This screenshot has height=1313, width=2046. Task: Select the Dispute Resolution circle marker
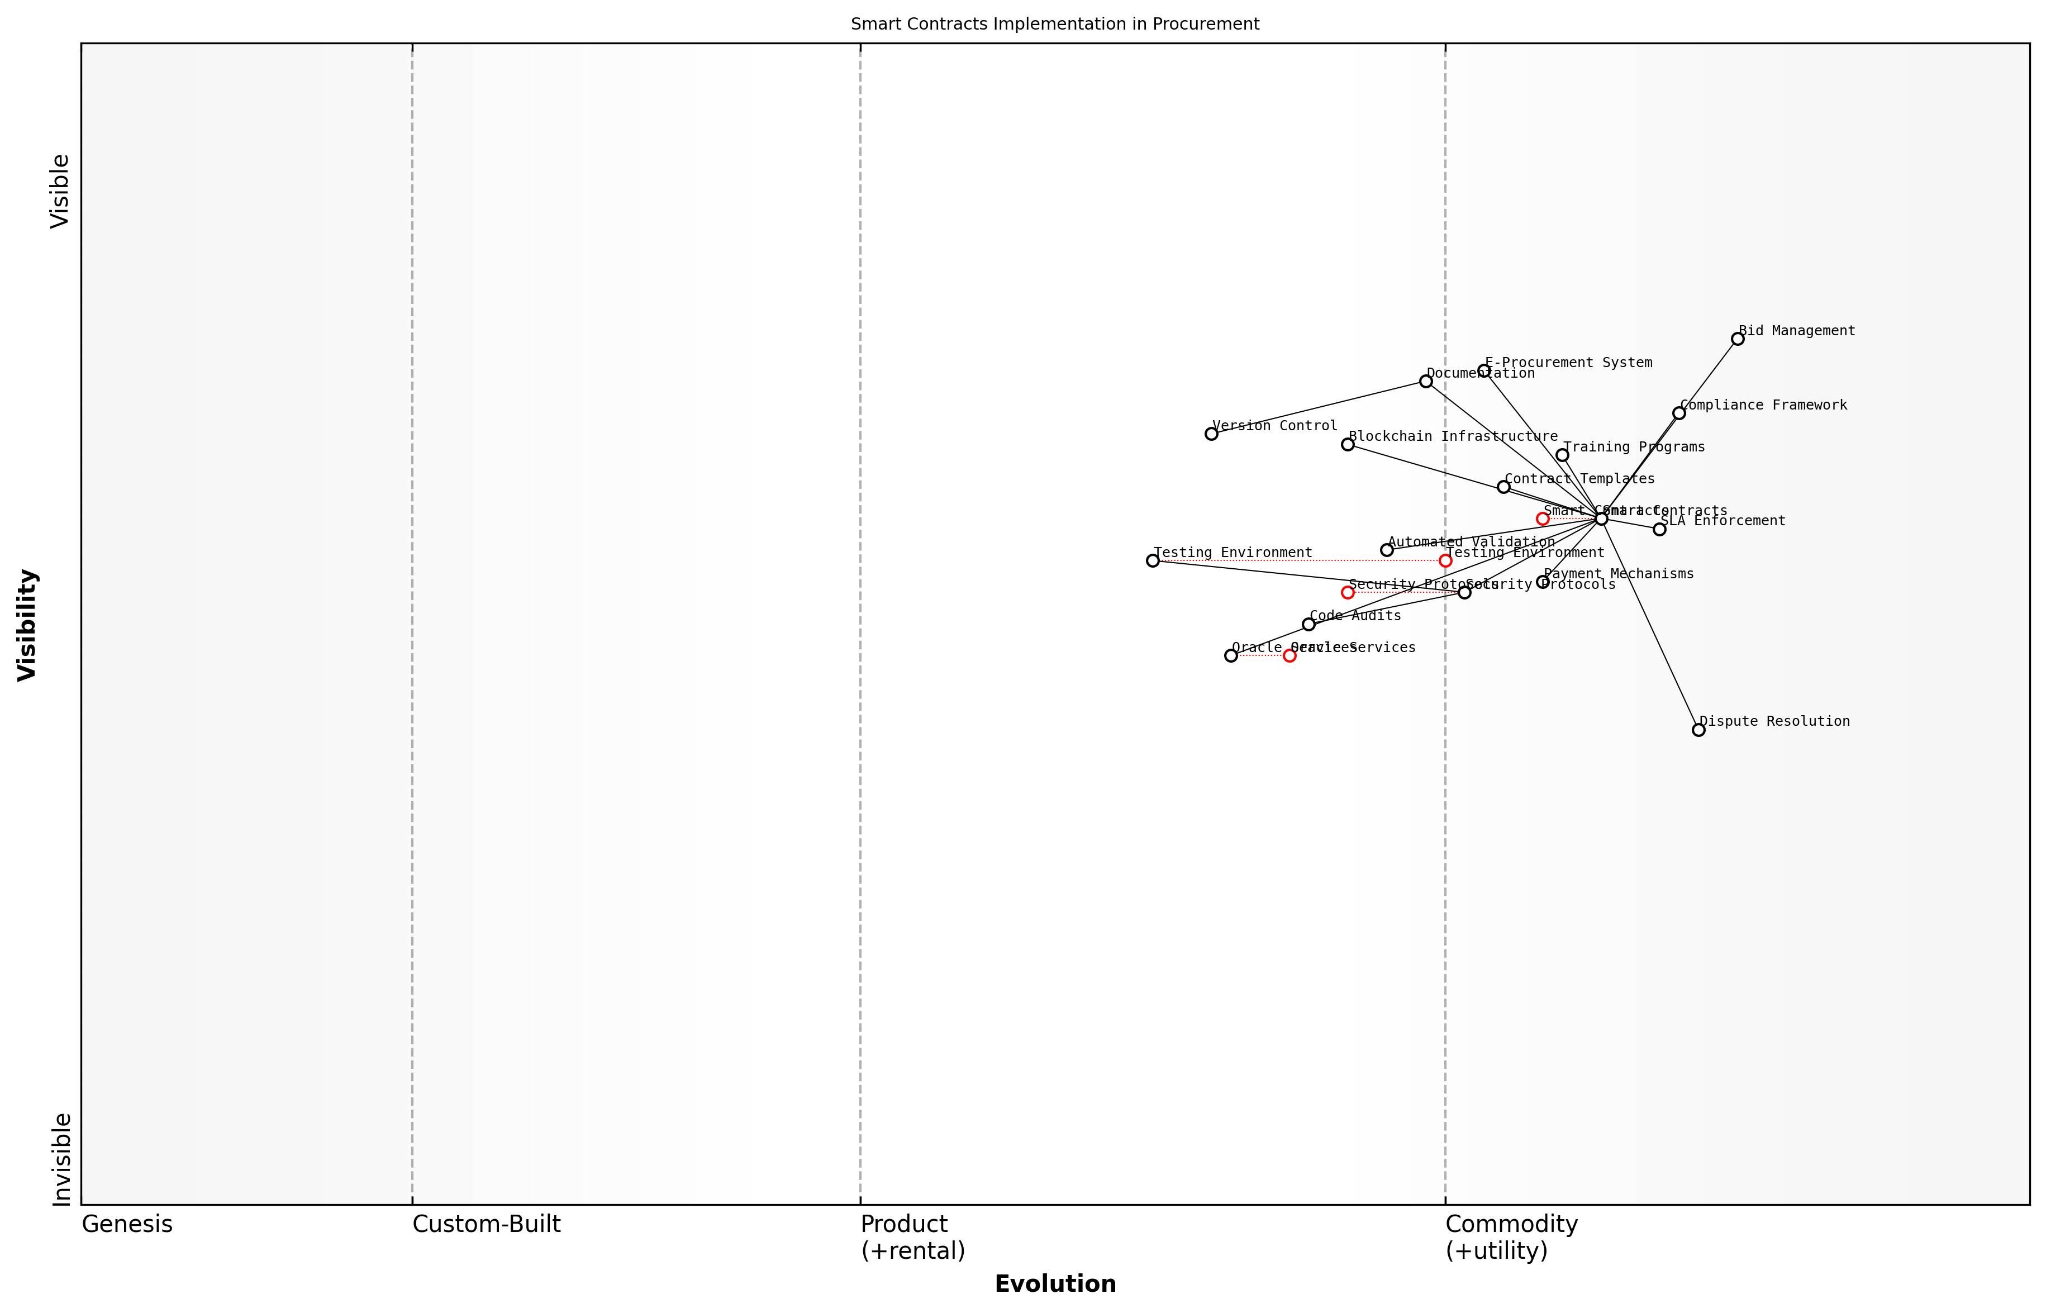(x=1698, y=730)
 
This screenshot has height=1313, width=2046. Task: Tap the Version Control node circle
(x=1211, y=434)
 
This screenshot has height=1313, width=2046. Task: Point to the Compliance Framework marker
(x=1678, y=413)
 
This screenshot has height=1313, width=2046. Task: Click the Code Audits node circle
(x=1309, y=624)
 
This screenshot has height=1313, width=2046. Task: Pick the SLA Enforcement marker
(x=1659, y=530)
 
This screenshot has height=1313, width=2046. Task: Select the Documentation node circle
(x=1425, y=381)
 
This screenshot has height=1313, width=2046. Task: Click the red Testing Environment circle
(x=1445, y=561)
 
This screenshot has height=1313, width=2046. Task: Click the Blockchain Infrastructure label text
(x=1453, y=436)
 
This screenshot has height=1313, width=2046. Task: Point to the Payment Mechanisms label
(x=1618, y=574)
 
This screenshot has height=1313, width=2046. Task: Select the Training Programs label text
(x=1633, y=447)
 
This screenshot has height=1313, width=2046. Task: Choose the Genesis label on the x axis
(x=127, y=1224)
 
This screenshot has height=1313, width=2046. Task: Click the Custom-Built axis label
(x=486, y=1224)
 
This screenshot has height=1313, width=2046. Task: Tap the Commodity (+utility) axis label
(x=1511, y=1237)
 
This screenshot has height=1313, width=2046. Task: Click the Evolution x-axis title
(x=1054, y=1284)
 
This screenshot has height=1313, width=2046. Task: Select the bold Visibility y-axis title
(x=27, y=625)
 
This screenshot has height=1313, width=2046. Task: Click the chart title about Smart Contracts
(x=1054, y=24)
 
